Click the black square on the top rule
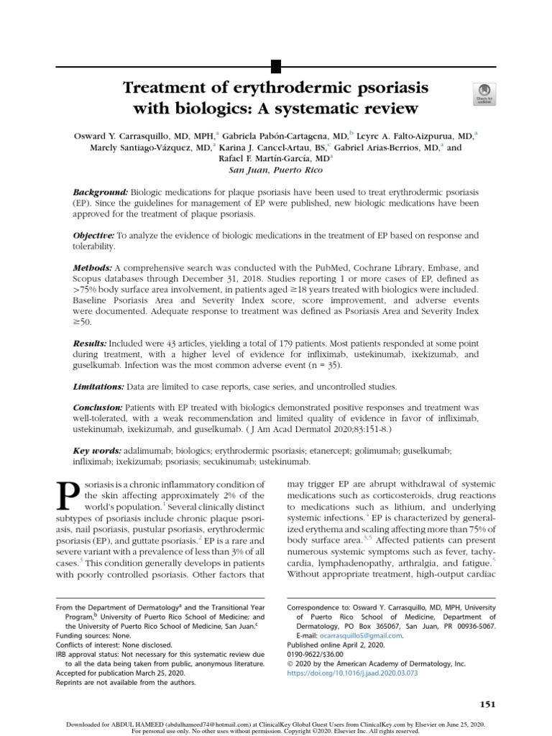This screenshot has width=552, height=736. pyautogui.click(x=275, y=68)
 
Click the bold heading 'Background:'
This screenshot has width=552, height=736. pyautogui.click(x=101, y=194)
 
